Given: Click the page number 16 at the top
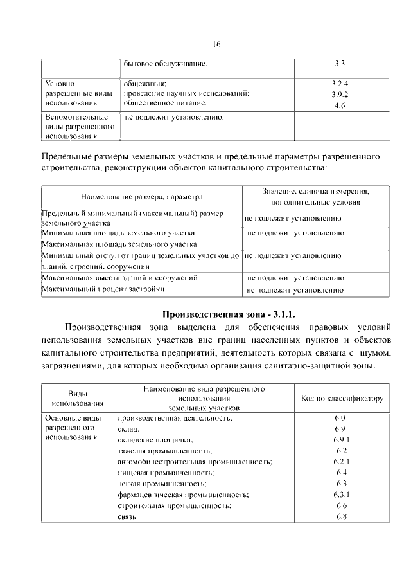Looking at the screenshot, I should coord(216,44).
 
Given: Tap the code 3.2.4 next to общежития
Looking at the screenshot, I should coord(340,84).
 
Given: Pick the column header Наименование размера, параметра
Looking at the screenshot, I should coord(141,196).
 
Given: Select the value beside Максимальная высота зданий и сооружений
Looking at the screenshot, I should coord(295,278).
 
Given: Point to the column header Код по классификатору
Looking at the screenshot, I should coord(342,399).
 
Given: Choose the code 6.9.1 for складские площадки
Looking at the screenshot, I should coord(340,439).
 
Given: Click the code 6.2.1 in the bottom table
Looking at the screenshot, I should coord(340,462).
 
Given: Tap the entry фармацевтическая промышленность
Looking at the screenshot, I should coord(183,495).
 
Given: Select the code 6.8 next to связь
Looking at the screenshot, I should coord(340,517).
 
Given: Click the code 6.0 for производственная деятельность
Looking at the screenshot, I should coord(340,417).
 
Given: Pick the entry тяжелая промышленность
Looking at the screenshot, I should coord(165,450).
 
